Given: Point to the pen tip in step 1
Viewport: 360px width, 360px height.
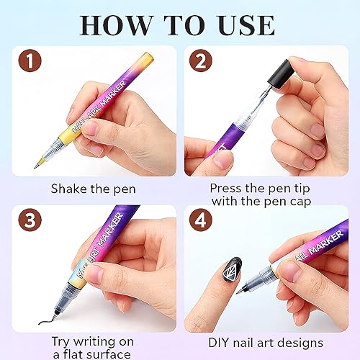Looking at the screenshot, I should [x=35, y=164].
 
